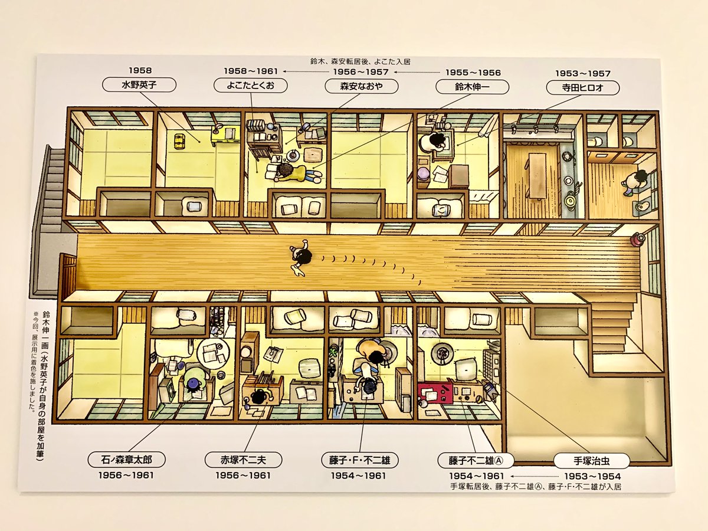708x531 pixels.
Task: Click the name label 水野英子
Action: [x=139, y=85]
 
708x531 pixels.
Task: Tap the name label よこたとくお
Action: [x=250, y=86]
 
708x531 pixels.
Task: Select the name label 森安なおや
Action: [x=361, y=86]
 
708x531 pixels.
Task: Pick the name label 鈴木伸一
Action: [x=472, y=87]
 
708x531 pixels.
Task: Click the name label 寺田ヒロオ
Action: [x=582, y=88]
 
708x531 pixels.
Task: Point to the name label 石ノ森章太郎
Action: [x=126, y=460]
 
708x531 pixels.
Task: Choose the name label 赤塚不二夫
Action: [x=243, y=460]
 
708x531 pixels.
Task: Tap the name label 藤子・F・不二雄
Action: [x=360, y=460]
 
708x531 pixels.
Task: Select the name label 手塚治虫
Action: [x=592, y=461]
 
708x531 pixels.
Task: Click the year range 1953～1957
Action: [x=583, y=74]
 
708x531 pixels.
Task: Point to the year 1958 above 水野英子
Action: [x=140, y=70]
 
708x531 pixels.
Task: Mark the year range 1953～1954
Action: [x=592, y=476]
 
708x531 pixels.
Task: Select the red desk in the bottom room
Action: [x=434, y=392]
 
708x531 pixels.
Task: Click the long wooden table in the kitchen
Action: [x=537, y=176]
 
